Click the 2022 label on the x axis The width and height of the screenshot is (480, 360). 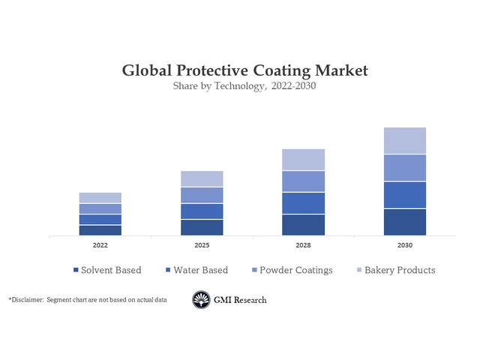[100, 245]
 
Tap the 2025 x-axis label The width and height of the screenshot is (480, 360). [202, 245]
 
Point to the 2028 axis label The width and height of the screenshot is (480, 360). [303, 245]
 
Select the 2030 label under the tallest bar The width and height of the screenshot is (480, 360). [405, 245]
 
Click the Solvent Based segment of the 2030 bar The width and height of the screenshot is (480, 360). [405, 222]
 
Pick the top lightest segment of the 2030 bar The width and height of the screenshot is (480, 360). [405, 140]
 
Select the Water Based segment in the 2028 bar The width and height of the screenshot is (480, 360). [303, 203]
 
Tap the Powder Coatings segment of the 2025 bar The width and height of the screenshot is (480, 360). [202, 195]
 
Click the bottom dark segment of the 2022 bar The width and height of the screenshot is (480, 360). [100, 230]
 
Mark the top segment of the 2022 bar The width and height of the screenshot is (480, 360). [100, 198]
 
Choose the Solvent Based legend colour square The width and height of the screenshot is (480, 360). [76, 270]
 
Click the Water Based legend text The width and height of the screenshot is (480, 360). [200, 270]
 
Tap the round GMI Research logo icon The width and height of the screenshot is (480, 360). [201, 300]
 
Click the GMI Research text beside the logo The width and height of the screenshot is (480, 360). [240, 300]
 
